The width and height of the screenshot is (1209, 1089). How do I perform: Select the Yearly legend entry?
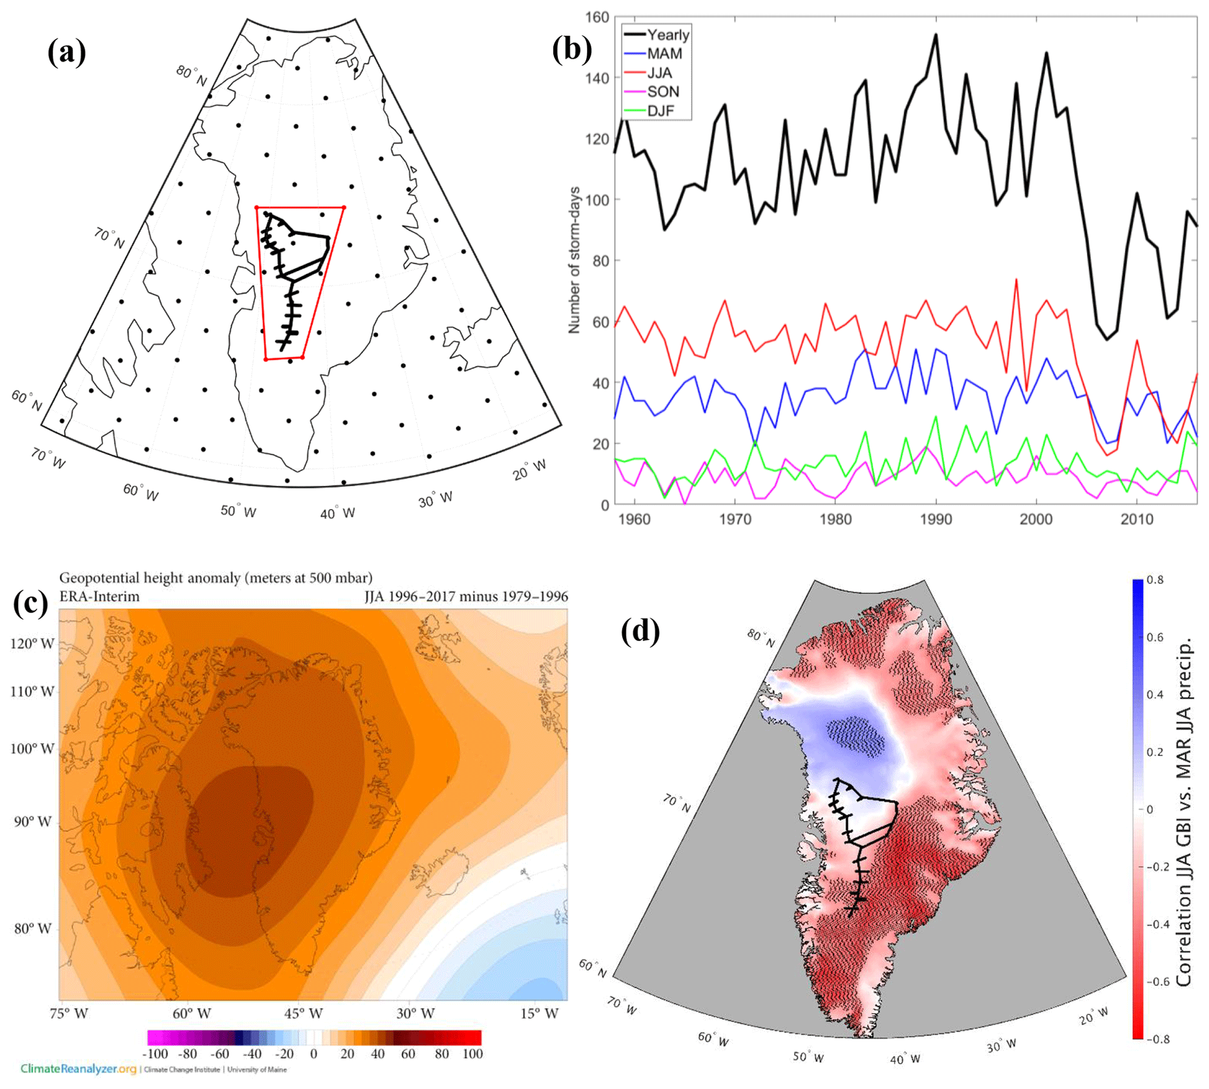668,35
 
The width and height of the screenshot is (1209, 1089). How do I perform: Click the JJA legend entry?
660,73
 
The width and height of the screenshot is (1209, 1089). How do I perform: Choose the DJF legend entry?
661,111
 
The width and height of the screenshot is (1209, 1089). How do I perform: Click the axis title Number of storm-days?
574,260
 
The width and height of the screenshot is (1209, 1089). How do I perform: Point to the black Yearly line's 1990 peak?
936,35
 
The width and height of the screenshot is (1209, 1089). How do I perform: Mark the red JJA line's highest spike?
1016,280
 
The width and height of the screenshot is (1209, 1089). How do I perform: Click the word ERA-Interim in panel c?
99,596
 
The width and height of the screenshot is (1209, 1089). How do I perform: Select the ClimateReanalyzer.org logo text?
78,1069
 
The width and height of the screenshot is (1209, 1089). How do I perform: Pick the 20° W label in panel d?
1094,1016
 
